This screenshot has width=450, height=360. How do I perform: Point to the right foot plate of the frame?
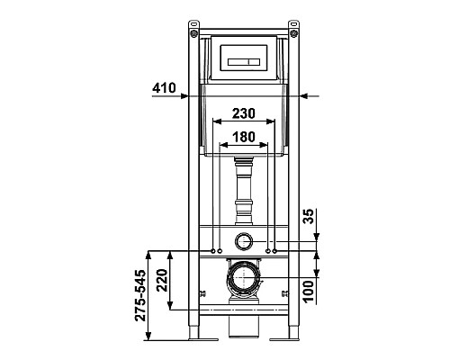click(294, 337)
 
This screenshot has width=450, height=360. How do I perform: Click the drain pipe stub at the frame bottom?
click(243, 328)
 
